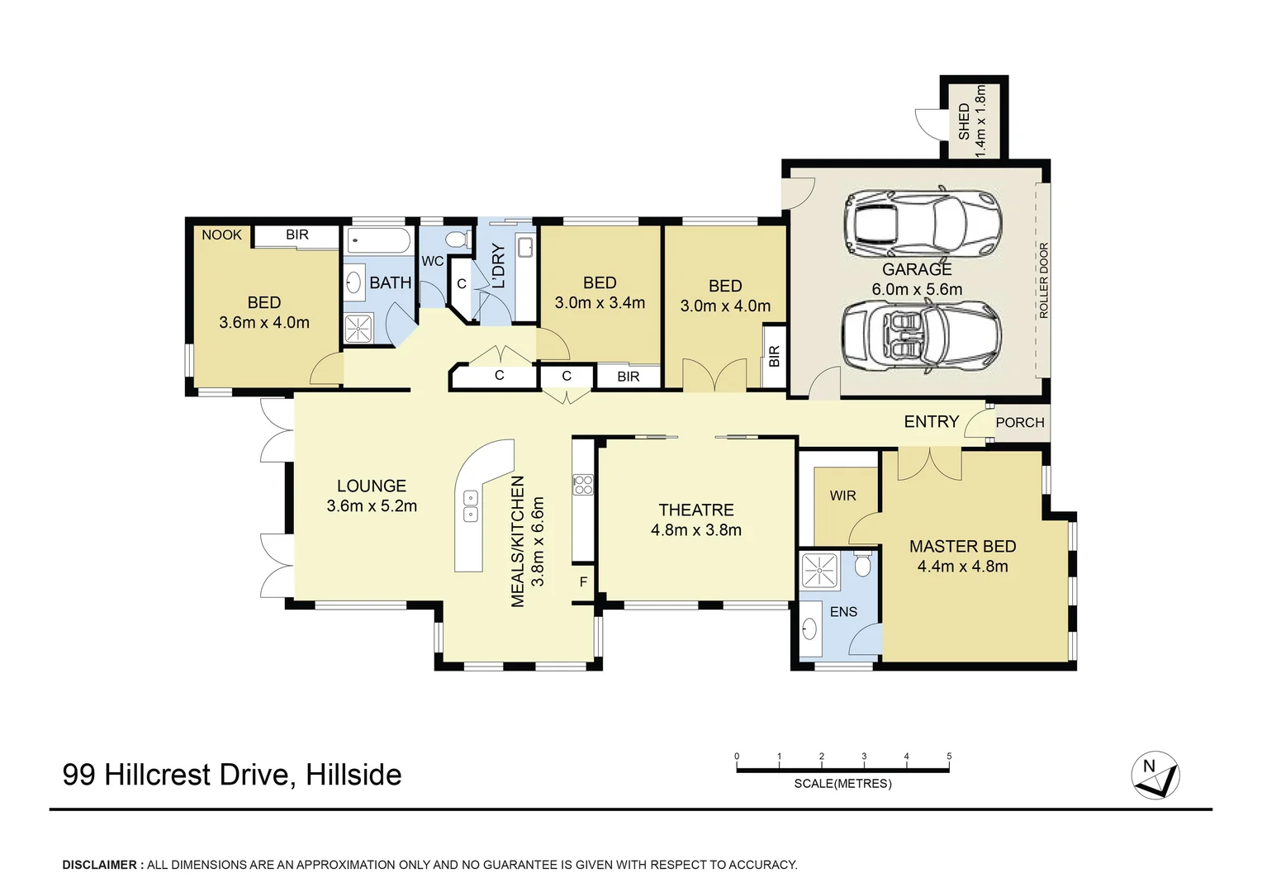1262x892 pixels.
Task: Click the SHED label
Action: point(964,121)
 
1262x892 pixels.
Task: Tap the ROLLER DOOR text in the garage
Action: point(1043,280)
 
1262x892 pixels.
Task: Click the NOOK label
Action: point(221,235)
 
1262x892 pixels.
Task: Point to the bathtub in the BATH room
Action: point(378,241)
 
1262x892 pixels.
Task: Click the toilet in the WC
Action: point(456,240)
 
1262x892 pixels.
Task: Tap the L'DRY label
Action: point(498,266)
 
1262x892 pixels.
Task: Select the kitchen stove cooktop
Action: point(583,485)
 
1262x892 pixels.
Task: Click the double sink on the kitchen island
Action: point(470,505)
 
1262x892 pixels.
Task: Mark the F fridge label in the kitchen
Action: point(583,582)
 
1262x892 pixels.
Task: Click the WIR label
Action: point(842,496)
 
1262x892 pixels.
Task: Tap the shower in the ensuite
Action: point(819,570)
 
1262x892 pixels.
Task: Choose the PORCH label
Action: point(1019,423)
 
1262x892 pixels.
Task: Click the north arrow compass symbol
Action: point(1155,775)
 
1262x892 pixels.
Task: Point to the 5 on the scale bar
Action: point(949,757)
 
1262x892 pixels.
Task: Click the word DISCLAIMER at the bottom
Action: point(100,865)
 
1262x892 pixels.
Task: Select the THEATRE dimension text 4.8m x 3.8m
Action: point(695,530)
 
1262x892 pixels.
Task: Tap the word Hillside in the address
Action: point(353,775)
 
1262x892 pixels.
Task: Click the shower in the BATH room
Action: point(358,328)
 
